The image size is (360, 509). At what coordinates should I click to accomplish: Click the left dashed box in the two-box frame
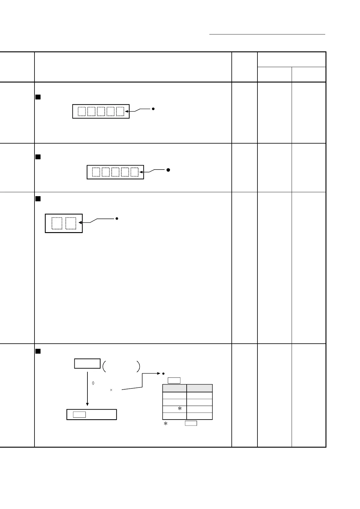(57, 223)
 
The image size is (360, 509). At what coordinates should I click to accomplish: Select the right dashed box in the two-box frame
(71, 223)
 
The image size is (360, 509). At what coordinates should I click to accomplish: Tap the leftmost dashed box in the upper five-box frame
(82, 112)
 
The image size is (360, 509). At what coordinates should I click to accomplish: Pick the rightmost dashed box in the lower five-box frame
(135, 172)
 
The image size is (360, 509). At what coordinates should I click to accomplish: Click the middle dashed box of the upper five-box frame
(101, 112)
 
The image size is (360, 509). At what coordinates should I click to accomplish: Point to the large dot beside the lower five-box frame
(168, 170)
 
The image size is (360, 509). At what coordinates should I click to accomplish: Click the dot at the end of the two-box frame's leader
(117, 219)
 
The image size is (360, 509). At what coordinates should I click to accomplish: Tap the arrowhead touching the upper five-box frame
(126, 112)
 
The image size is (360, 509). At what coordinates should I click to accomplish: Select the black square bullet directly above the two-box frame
(38, 199)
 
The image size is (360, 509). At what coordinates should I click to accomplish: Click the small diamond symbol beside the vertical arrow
(93, 383)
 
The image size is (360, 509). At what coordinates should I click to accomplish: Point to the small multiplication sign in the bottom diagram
(111, 390)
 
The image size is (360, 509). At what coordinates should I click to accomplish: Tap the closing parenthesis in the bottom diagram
(138, 366)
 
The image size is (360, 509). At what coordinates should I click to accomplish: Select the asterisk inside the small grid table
(180, 409)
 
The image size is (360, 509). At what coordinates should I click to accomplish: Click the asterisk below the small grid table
(165, 424)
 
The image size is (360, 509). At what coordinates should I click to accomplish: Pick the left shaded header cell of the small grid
(175, 388)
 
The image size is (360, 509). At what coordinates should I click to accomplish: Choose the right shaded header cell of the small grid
(199, 388)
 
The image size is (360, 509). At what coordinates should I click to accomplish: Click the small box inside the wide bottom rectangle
(79, 414)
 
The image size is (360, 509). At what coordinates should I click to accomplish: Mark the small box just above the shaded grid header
(174, 380)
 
